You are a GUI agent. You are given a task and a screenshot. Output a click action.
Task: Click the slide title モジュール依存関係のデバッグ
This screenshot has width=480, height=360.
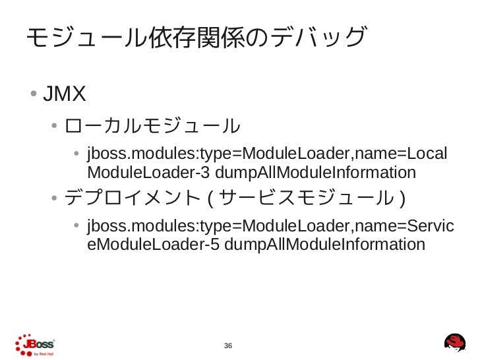(x=195, y=39)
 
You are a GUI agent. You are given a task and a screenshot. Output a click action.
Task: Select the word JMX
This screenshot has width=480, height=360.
(x=65, y=95)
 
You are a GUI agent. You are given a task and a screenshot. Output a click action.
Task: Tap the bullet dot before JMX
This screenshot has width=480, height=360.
(x=32, y=95)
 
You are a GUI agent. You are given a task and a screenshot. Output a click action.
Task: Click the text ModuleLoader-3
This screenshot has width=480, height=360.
(x=148, y=173)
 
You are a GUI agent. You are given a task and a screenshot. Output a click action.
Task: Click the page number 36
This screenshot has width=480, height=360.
(x=229, y=346)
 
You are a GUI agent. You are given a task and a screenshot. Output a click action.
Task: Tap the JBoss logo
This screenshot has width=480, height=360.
(x=34, y=345)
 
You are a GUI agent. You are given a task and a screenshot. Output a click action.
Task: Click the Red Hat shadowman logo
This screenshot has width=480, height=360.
(x=454, y=342)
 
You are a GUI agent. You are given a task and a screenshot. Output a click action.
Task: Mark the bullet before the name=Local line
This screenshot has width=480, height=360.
(x=77, y=156)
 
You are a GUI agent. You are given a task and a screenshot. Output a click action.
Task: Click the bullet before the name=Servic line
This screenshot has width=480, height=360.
(x=77, y=227)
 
